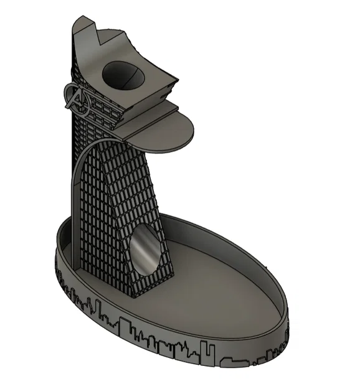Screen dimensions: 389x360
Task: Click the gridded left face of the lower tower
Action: (x=100, y=218)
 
